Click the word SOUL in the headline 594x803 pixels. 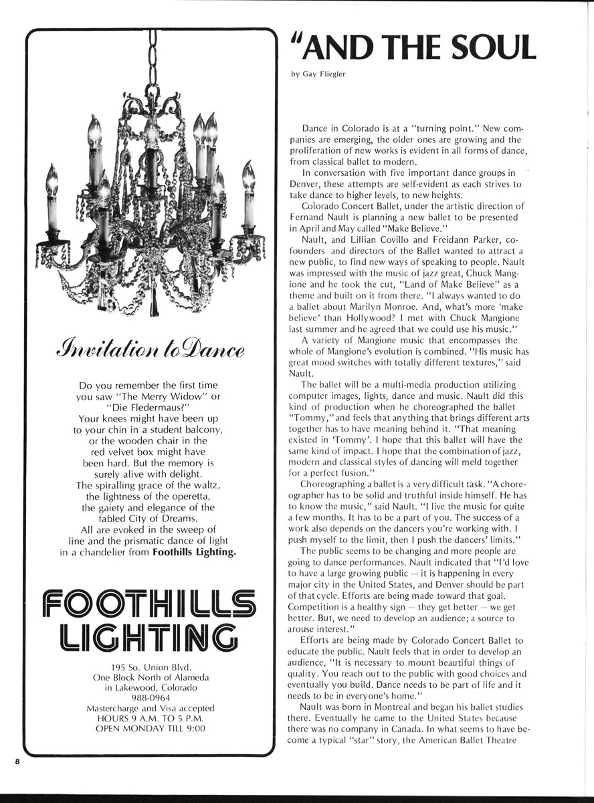[491, 47]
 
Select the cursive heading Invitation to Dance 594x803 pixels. [151, 350]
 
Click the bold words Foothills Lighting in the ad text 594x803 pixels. [194, 552]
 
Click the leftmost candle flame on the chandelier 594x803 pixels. [52, 179]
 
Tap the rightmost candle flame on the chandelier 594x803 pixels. [249, 175]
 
